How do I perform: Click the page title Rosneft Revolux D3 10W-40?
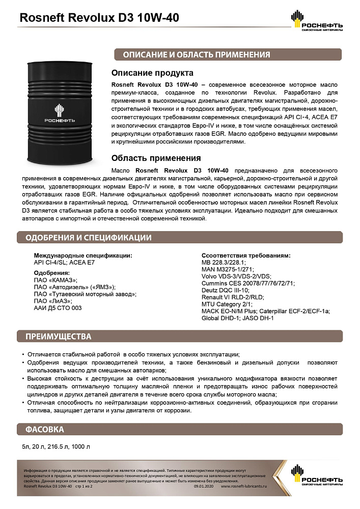tap(99, 18)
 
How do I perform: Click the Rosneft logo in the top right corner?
tap(316, 21)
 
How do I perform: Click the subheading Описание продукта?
tap(152, 73)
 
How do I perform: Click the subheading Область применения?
tap(156, 158)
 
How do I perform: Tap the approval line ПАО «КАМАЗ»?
tap(56, 280)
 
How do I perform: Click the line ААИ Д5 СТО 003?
tap(58, 307)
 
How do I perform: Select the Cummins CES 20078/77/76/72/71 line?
tap(247, 283)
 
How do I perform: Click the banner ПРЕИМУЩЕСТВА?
tap(59, 336)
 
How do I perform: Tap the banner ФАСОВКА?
tap(45, 429)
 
